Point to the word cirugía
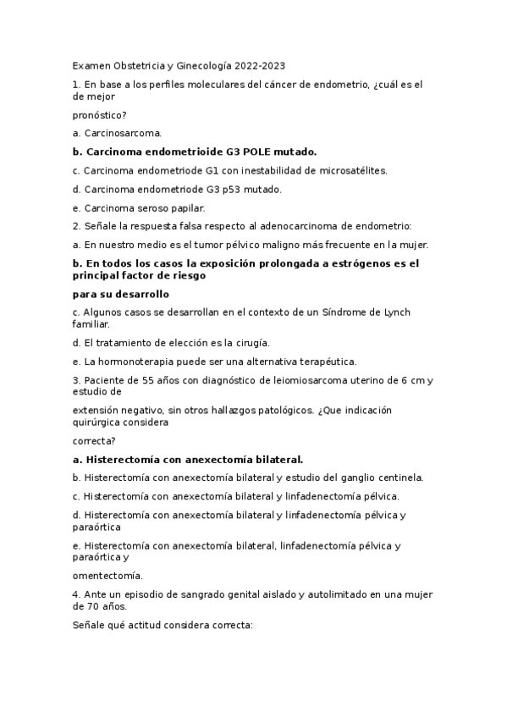pyautogui.click(x=247, y=343)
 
